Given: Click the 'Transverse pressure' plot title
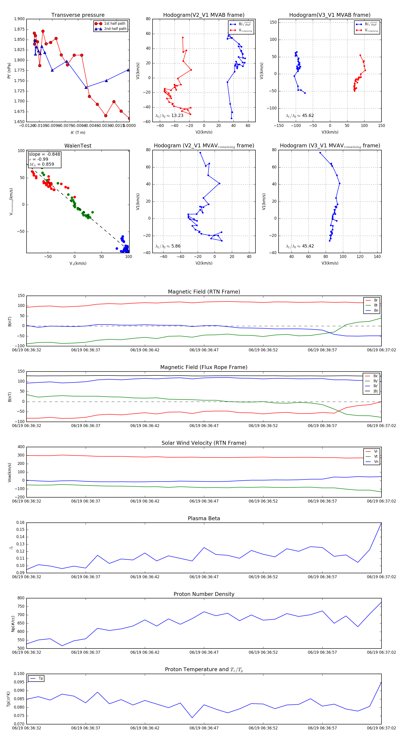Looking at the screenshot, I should tap(78, 15).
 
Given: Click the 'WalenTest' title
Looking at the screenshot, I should tap(78, 146).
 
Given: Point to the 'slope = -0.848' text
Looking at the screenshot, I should tap(44, 154).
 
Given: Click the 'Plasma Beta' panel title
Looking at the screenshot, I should tap(204, 518).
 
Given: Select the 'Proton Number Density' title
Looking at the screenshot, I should tap(204, 594).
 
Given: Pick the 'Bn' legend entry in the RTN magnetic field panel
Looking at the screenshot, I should tap(376, 310).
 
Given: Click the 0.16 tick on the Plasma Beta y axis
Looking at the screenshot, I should tap(20, 522).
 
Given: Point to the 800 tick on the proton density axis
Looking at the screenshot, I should tap(21, 598).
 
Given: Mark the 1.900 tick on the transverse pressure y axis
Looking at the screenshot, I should tap(19, 19).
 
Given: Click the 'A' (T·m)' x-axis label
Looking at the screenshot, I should tap(78, 132).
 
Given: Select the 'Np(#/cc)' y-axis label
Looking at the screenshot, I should tap(13, 623).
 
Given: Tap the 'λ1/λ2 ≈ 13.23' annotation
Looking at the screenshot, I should tap(169, 116).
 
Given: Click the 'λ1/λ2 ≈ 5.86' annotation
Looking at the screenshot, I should tap(168, 246).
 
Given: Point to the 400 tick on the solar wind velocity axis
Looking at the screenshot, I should tap(21, 447).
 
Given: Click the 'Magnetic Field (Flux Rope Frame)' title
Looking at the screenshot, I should tap(204, 367).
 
